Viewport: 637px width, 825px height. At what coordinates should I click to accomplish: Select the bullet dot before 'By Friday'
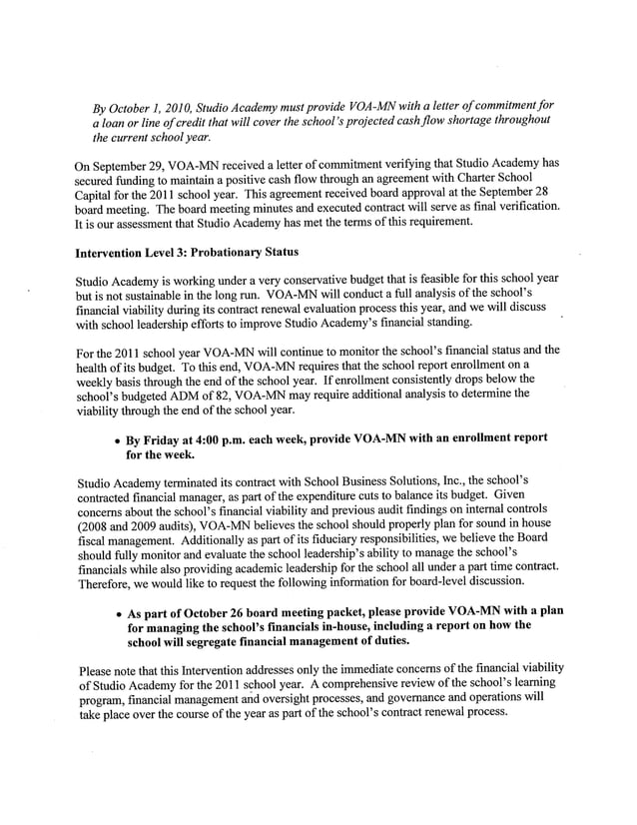point(119,439)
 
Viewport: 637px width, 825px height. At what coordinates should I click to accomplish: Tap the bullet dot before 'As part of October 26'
point(119,611)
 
